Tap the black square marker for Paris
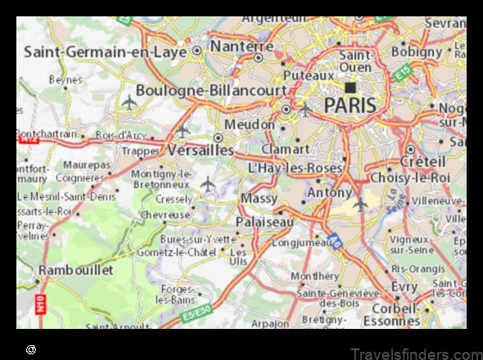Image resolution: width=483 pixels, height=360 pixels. click(x=350, y=87)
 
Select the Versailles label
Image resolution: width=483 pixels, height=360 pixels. click(x=200, y=151)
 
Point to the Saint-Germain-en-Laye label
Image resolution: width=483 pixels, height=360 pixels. click(x=104, y=52)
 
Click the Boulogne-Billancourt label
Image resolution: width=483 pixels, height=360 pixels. click(x=210, y=90)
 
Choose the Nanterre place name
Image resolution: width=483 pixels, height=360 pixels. click(x=241, y=47)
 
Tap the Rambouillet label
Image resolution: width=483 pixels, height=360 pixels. click(x=76, y=270)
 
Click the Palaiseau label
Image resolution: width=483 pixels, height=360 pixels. click(x=263, y=222)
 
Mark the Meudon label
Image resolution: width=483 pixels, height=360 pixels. click(x=251, y=124)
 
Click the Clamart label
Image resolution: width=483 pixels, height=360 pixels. click(x=285, y=150)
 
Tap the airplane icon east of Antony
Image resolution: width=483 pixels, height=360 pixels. click(x=360, y=204)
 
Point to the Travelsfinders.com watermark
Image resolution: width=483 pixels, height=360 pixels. click(x=416, y=353)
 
